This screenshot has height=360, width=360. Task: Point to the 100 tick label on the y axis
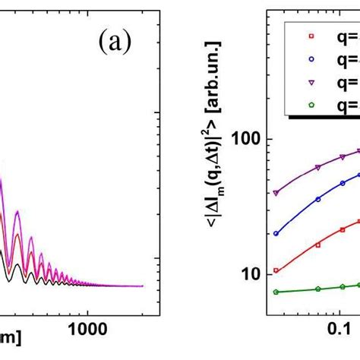pos(251,140)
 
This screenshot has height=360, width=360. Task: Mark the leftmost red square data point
pos(276,271)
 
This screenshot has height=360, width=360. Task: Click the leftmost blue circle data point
pos(276,233)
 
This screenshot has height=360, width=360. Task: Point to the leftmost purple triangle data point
pos(276,193)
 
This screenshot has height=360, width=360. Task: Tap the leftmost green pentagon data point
pos(276,292)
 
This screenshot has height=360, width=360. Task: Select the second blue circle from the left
pos(317,199)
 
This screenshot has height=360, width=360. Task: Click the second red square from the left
pos(317,245)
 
